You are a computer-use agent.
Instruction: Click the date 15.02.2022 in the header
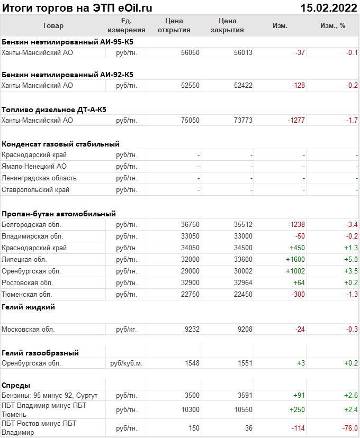pos(328,7)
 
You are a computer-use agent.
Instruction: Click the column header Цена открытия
pos(174,25)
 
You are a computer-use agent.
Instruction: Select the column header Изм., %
pos(332,25)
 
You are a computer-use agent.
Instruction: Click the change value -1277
pos(296,121)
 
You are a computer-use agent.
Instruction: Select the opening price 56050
pos(190,53)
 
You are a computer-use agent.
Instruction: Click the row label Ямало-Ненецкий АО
pos(34,167)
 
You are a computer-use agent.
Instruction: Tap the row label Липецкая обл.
pos(24,260)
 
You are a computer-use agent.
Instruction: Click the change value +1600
pos(295,260)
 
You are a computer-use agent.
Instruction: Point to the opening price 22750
pos(190,295)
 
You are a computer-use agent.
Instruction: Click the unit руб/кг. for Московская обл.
pos(127,330)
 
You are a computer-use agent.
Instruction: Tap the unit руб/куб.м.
pos(127,364)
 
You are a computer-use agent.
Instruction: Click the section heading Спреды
pos(16,385)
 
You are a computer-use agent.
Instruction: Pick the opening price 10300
pos(190,410)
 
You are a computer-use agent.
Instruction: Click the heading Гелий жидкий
pos(29,307)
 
